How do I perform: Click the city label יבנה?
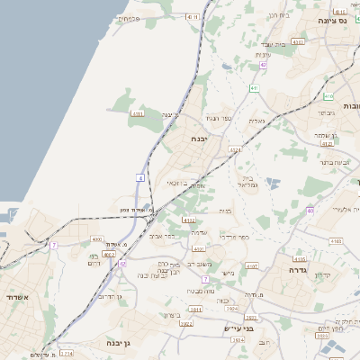[199, 139]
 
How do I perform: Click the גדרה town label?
[299, 269]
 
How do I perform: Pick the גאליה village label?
[256, 121]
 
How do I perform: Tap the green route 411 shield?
[255, 87]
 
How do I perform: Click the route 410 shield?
[192, 16]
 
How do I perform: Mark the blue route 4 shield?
[140, 178]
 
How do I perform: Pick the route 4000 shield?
[97, 239]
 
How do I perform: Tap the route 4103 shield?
[336, 242]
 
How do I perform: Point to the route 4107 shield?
[252, 266]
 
